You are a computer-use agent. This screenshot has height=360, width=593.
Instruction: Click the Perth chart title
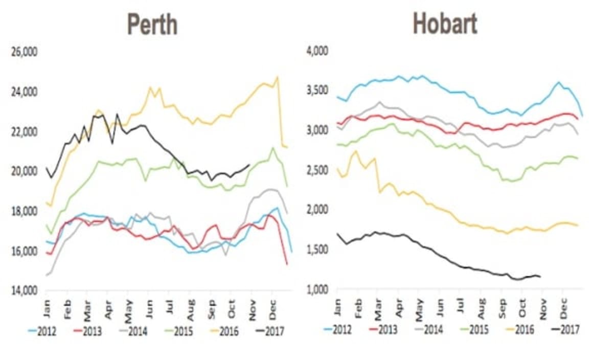pyautogui.click(x=152, y=24)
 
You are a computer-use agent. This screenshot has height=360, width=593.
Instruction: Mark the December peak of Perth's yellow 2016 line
pyautogui.click(x=277, y=78)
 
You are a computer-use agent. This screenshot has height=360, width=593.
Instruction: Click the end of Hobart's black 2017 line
pyautogui.click(x=540, y=277)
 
